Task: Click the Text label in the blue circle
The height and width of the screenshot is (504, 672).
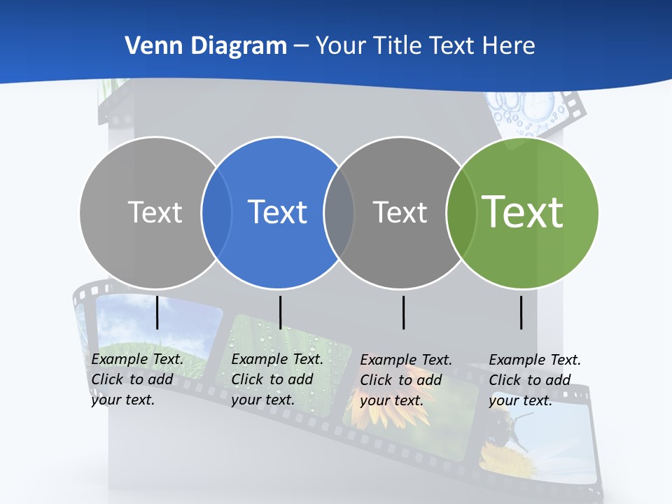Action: point(278,212)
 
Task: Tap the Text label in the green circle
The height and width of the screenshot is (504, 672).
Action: point(523,211)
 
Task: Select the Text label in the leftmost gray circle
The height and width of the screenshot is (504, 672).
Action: point(155,212)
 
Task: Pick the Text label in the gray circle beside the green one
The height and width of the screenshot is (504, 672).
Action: point(400,212)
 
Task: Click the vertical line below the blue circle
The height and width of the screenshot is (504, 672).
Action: point(280,312)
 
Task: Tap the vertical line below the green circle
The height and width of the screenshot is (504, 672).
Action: point(521,312)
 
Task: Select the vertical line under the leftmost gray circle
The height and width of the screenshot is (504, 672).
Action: point(157,312)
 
